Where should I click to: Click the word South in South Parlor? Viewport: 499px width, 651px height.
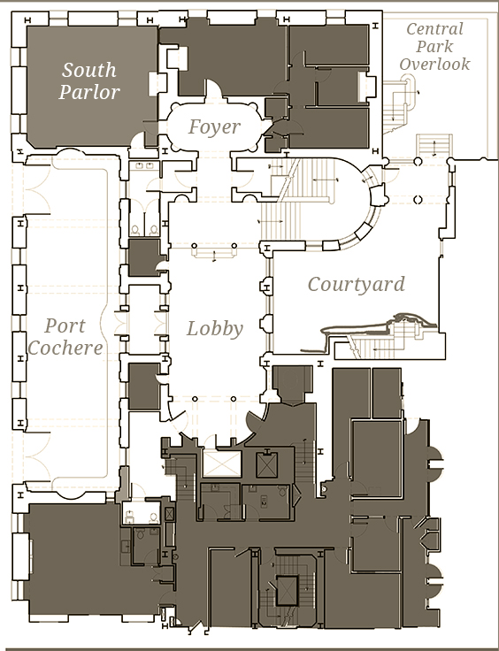pyautogui.click(x=89, y=70)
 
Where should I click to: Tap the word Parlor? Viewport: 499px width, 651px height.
pyautogui.click(x=89, y=92)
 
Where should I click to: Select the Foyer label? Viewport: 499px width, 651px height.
pyautogui.click(x=214, y=127)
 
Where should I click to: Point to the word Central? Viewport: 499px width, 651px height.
pyautogui.click(x=434, y=29)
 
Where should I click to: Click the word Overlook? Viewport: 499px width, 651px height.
pyautogui.click(x=434, y=64)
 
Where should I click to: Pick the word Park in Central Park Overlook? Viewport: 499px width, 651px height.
pyautogui.click(x=434, y=47)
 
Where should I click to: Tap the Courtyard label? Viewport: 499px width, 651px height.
pyautogui.click(x=357, y=285)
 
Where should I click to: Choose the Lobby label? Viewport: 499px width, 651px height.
pyautogui.click(x=215, y=329)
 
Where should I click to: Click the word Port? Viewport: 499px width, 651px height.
pyautogui.click(x=65, y=325)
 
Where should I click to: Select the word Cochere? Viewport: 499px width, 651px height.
pyautogui.click(x=65, y=348)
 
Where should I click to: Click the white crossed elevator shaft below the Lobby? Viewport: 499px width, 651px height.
pyautogui.click(x=222, y=463)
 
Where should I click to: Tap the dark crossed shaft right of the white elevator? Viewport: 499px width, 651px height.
pyautogui.click(x=267, y=465)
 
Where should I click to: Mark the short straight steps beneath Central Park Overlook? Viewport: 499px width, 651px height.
pyautogui.click(x=434, y=145)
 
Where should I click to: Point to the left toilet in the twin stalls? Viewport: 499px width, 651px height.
pyautogui.click(x=135, y=230)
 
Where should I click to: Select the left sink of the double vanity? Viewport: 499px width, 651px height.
pyautogui.click(x=140, y=166)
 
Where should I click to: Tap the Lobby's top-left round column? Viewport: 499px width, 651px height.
pyautogui.click(x=195, y=246)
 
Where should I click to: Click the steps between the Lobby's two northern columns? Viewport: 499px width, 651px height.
pyautogui.click(x=214, y=253)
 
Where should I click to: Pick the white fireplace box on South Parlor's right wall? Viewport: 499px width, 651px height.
pyautogui.click(x=153, y=84)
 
